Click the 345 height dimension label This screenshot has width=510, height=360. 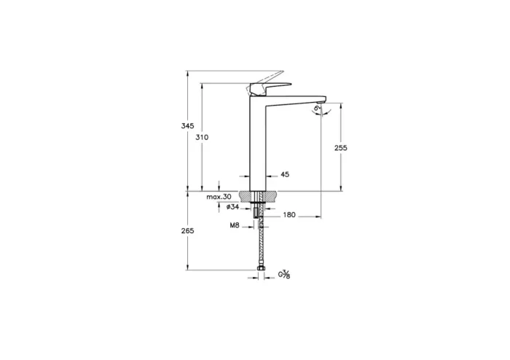coord(187,126)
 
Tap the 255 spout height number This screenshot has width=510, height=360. coord(340,148)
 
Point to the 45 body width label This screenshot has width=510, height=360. coord(285,175)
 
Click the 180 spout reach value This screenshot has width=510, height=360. coord(289,216)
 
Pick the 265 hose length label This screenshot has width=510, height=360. coord(187,231)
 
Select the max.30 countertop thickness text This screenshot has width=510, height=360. coord(219,197)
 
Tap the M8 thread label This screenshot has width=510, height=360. coord(235,227)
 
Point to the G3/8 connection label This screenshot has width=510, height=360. coord(286,275)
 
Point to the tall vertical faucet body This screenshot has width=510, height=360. coord(260,146)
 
